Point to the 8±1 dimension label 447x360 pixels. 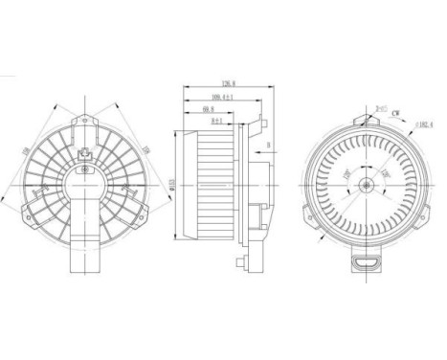(x=217, y=122)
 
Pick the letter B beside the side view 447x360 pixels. (x=271, y=146)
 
